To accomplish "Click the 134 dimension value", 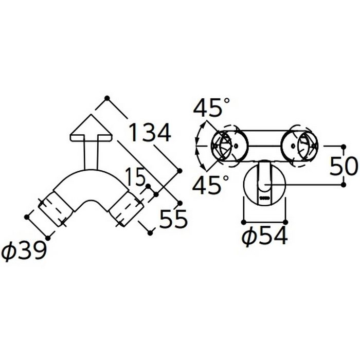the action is coord(150,133).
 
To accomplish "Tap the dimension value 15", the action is coord(135,176).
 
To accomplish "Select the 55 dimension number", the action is coord(174,219).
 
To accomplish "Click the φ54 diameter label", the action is coord(265,236).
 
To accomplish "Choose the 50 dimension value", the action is coord(344,166).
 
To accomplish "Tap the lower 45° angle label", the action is coord(210,184).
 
